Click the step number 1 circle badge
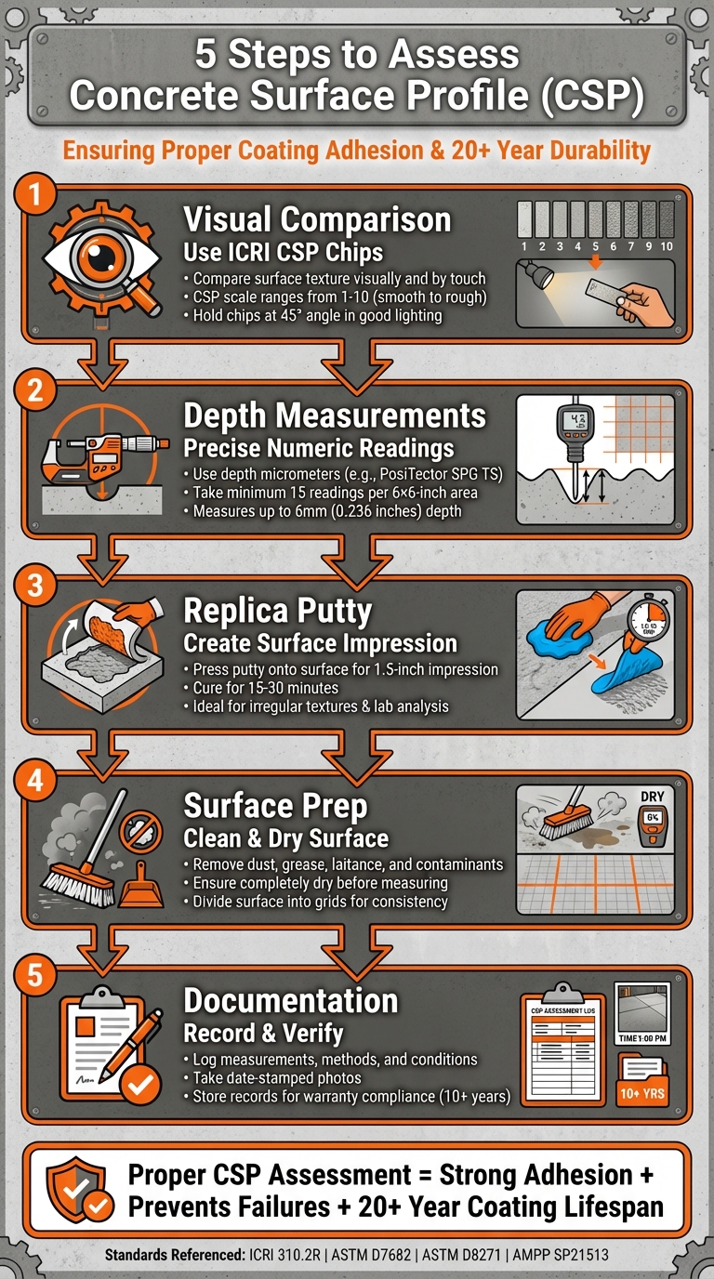pos(34,195)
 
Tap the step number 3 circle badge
pos(34,587)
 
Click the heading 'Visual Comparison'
pos(317,220)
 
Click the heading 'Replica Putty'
pos(277,611)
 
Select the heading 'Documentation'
pos(291,1000)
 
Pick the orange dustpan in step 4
pos(140,886)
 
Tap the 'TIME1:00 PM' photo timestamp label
pos(641,1039)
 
